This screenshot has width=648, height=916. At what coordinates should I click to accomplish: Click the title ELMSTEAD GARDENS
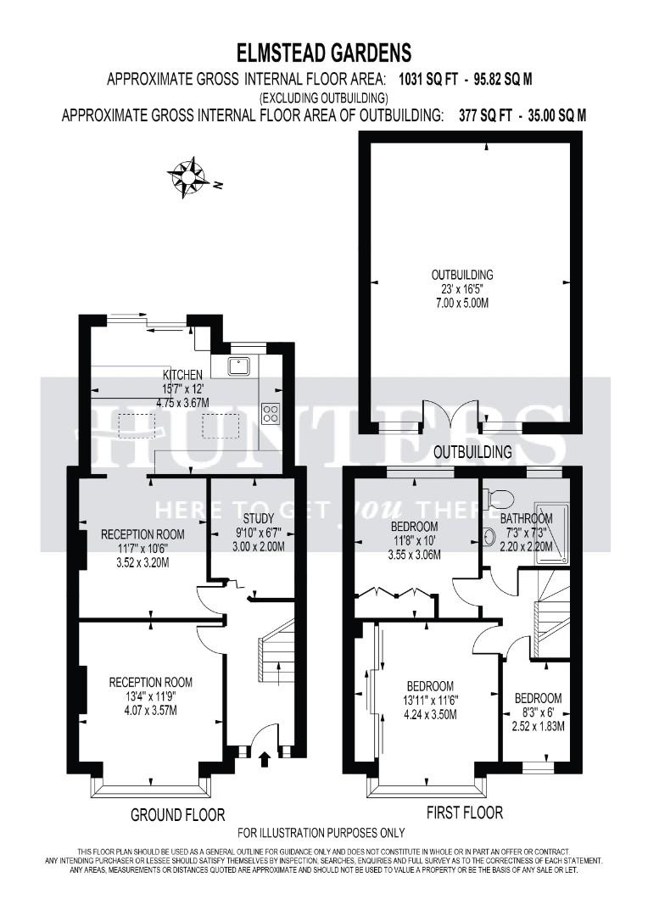point(323,53)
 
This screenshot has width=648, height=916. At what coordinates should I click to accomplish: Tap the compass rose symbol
point(187,176)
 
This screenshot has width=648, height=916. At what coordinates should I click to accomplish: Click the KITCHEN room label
point(182,374)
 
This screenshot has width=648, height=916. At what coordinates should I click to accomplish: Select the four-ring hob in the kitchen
point(272,414)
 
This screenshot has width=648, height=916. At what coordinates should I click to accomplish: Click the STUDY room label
point(257,518)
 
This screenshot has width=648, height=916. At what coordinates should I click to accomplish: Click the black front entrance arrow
point(262,757)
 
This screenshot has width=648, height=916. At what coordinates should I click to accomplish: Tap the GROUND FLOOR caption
point(177,815)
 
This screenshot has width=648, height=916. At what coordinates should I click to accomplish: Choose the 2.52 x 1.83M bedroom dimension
point(539,726)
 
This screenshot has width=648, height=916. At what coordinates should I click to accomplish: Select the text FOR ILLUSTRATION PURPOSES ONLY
point(321,833)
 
